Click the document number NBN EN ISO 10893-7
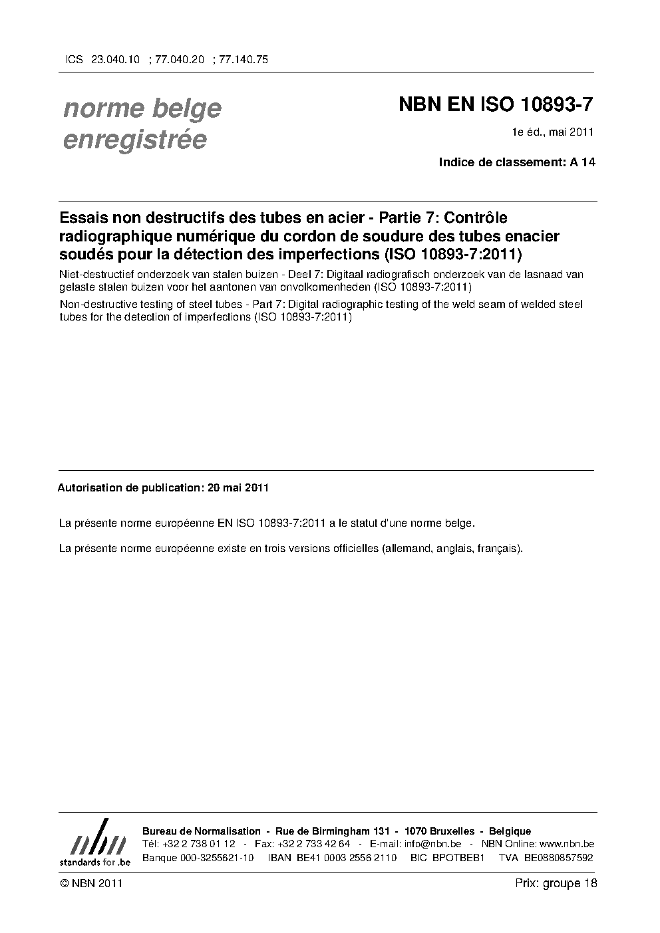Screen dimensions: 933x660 coord(496,105)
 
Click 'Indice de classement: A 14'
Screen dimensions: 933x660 coord(516,162)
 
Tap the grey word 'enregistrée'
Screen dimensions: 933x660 coord(134,140)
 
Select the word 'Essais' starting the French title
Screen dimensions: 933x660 coord(82,218)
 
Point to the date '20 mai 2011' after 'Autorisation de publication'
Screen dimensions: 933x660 coord(238,487)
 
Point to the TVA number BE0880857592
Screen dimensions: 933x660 coord(558,857)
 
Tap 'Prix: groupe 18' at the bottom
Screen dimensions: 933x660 coord(556,883)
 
